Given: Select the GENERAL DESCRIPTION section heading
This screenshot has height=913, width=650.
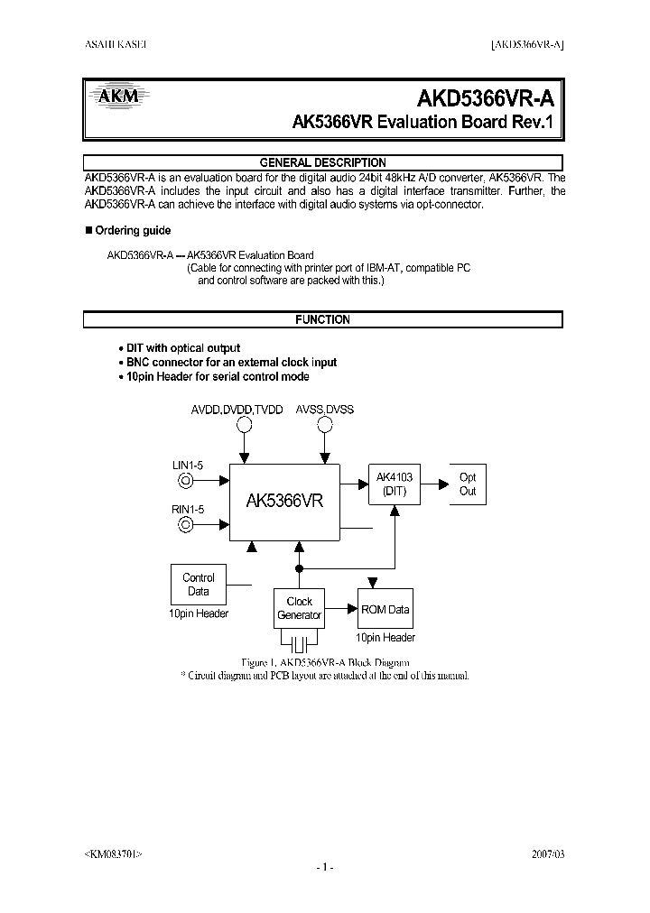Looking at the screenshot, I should click(322, 163).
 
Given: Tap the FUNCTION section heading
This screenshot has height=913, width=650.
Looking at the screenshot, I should click(322, 320).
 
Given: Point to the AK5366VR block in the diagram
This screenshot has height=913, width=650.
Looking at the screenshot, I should click(284, 502).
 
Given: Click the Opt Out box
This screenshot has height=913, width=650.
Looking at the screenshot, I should click(467, 484).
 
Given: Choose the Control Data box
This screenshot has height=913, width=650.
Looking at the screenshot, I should click(198, 585).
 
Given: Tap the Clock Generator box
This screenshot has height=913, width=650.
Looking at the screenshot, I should click(299, 608).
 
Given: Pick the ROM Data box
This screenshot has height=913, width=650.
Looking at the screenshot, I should click(385, 610).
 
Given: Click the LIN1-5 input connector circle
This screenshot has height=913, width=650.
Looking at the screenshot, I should click(186, 481).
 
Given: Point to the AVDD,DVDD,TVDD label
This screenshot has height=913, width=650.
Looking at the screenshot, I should click(237, 410).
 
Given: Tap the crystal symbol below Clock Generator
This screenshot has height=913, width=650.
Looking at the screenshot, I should click(299, 642).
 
